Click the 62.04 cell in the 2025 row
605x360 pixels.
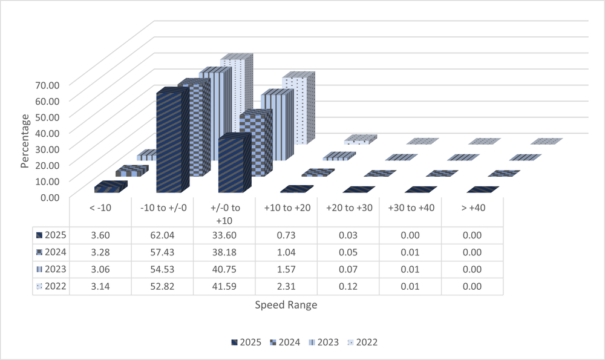point(162,234)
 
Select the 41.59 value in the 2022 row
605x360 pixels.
point(224,286)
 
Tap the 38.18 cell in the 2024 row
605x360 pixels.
point(224,251)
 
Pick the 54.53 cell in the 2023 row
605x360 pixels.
point(162,269)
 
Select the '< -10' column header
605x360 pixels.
point(100,208)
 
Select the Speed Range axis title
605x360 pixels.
point(286,305)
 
